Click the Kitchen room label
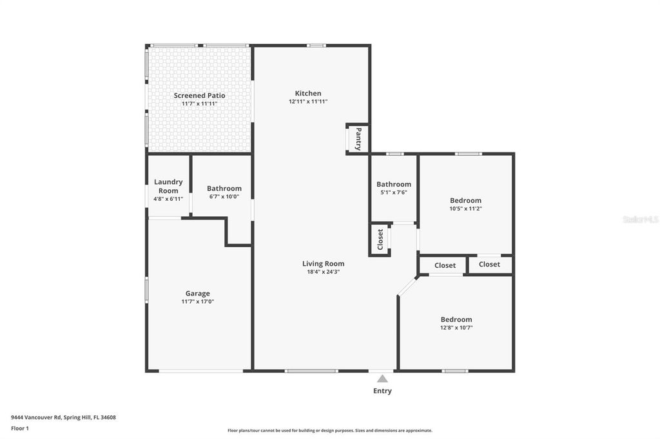tap(308, 93)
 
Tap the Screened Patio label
tap(199, 95)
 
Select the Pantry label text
tap(358, 138)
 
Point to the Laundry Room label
tap(168, 186)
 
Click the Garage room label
tap(198, 294)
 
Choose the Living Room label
tap(323, 263)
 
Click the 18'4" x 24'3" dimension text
tap(323, 272)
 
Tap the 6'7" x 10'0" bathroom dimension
tap(224, 197)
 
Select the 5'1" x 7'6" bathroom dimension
tap(393, 192)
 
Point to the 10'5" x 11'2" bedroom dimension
tap(465, 209)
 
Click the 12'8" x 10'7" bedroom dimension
tap(456, 328)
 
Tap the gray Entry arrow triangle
tap(382, 379)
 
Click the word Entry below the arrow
tap(382, 391)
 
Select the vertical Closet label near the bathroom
tap(380, 239)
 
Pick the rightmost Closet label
tap(489, 265)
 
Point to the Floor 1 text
tap(20, 428)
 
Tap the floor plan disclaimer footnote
tap(329, 431)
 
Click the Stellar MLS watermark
tap(640, 219)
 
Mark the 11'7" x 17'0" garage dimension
tap(198, 301)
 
